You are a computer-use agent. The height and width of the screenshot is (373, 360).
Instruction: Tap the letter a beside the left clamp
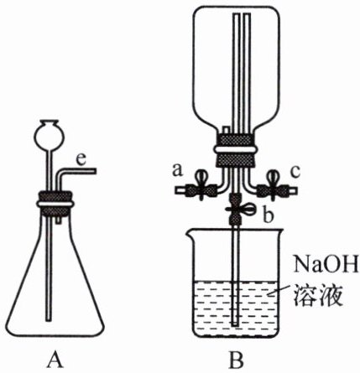tap(177, 170)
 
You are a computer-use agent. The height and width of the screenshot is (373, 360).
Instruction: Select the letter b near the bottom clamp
tap(268, 215)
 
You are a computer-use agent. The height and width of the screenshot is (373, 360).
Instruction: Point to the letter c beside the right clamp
tap(295, 172)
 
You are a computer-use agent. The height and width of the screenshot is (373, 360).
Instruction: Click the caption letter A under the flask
tap(55, 360)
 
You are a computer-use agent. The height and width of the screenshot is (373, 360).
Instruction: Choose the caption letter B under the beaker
tap(237, 360)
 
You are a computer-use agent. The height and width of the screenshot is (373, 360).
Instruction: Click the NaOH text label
tap(326, 263)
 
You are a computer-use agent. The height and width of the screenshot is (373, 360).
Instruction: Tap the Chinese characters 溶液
tap(318, 295)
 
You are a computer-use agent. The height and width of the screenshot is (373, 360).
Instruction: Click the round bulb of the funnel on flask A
tap(49, 135)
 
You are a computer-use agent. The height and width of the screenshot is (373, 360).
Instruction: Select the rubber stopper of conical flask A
tap(55, 204)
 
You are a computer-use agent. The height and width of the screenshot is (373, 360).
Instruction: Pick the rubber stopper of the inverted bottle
tap(235, 150)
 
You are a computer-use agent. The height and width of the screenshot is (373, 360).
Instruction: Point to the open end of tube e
tap(95, 171)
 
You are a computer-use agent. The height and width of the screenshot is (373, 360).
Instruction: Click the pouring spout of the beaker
tap(190, 231)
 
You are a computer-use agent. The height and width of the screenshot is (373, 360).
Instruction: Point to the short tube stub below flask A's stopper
tap(58, 220)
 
